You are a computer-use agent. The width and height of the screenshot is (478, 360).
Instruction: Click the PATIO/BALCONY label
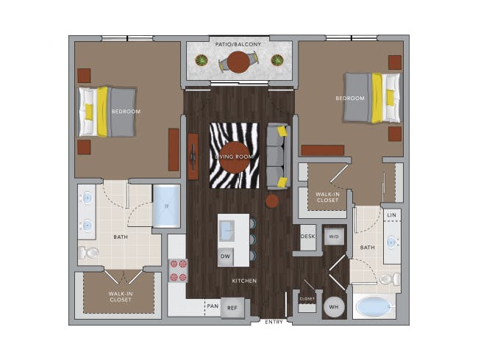(238, 45)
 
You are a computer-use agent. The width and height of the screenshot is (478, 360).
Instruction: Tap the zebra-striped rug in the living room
(234, 155)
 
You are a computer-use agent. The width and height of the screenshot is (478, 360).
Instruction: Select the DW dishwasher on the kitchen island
(226, 256)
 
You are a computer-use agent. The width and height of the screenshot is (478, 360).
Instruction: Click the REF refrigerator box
(232, 308)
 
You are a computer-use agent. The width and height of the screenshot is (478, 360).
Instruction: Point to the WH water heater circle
(334, 307)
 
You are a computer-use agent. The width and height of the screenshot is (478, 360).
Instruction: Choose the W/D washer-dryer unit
(334, 237)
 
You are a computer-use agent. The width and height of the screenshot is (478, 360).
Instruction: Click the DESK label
(308, 237)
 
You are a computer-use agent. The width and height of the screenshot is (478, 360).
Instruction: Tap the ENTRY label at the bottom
(274, 322)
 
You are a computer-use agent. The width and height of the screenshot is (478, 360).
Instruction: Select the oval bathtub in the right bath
(374, 306)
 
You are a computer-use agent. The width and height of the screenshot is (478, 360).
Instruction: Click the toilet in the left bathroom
(88, 253)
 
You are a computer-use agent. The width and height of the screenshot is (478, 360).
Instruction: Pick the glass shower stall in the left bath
(166, 206)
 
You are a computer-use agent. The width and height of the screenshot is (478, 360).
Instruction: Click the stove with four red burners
(179, 270)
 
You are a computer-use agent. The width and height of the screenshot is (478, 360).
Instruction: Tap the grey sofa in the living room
(278, 156)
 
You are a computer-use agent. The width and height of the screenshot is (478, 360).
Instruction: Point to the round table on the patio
(238, 62)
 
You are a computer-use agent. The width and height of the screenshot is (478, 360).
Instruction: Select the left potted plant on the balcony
(201, 60)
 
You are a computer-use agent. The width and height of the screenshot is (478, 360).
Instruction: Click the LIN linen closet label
(391, 215)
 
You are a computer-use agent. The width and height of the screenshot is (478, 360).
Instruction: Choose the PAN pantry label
(213, 306)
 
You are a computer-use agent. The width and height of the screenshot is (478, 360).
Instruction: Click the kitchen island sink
(226, 231)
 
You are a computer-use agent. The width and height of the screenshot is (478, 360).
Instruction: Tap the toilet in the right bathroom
(390, 278)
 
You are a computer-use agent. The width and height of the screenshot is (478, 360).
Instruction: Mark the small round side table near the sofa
(272, 201)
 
